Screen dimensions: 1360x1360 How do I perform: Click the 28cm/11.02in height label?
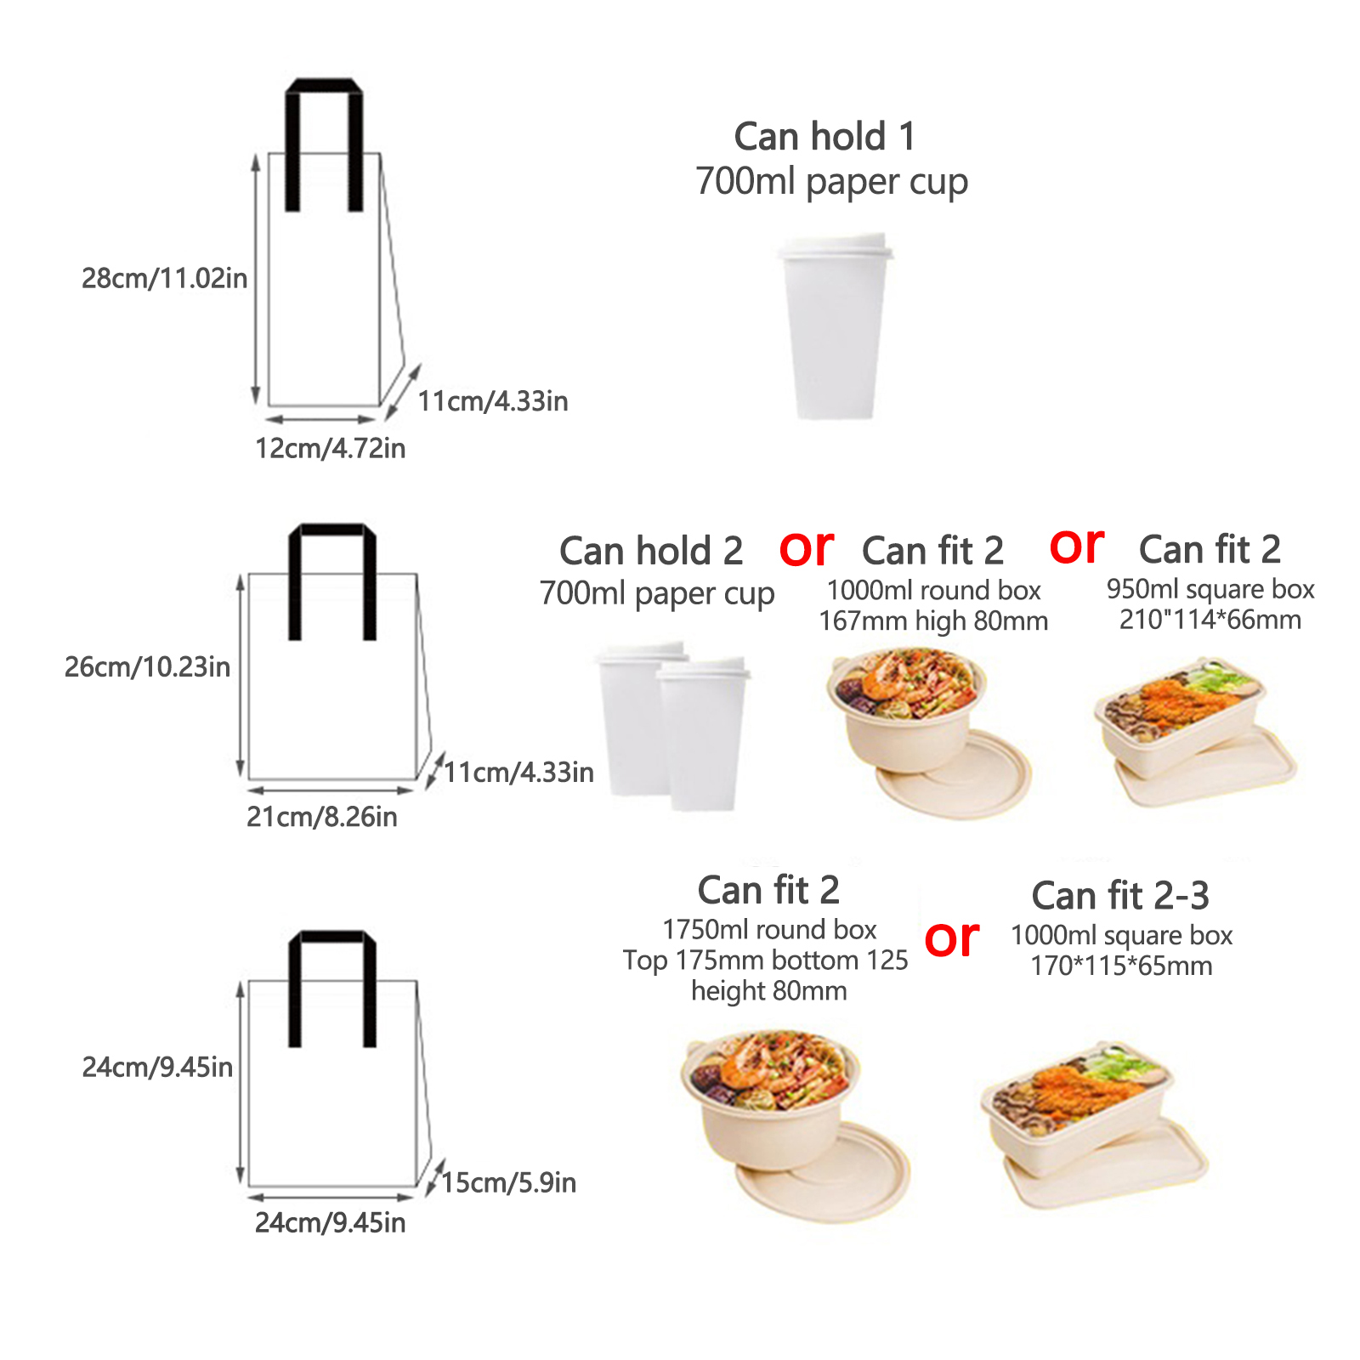(x=164, y=278)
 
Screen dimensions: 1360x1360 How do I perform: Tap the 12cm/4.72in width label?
(x=330, y=448)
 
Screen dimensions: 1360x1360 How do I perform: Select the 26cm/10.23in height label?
(x=147, y=666)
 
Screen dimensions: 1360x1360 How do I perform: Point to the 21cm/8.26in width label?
(x=321, y=817)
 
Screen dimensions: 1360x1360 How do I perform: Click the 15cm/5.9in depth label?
(x=508, y=1182)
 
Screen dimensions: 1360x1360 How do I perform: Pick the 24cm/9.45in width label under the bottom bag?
(x=330, y=1222)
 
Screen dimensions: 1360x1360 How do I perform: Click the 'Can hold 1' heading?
(x=824, y=137)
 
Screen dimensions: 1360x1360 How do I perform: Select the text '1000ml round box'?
(x=933, y=590)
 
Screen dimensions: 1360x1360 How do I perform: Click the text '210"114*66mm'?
(x=1210, y=619)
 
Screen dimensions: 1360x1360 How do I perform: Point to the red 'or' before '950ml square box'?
(x=1077, y=546)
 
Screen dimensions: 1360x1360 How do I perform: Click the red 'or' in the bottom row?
(x=952, y=939)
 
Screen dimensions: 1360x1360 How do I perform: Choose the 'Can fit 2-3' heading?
(x=1120, y=895)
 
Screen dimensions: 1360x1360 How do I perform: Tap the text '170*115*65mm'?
(x=1121, y=966)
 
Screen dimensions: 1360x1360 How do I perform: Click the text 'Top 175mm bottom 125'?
(x=765, y=960)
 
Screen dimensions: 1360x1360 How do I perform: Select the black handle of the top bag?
(x=324, y=87)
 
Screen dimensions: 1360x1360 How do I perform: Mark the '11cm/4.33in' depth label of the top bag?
(x=492, y=401)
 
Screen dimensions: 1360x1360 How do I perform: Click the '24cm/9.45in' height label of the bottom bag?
(x=157, y=1067)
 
